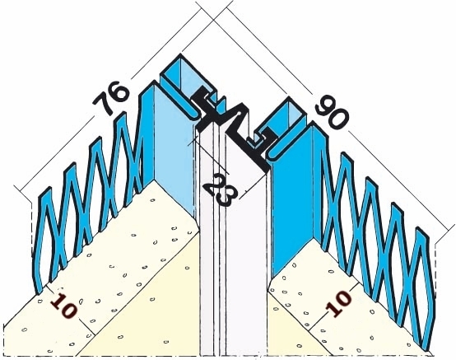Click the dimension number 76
tap(110, 98)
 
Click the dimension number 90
tap(332, 111)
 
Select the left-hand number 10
tap(64, 306)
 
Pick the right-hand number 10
tap(339, 303)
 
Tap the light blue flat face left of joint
tap(173, 152)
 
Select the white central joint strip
tap(233, 247)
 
